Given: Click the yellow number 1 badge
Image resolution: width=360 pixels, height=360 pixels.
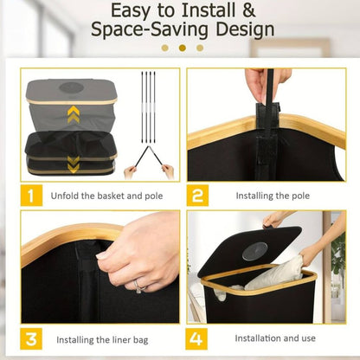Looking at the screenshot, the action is (x=31, y=196).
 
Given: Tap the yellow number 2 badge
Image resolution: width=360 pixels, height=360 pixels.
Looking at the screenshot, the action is (x=197, y=196).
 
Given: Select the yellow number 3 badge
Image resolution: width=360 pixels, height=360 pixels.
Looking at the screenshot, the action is (x=31, y=338).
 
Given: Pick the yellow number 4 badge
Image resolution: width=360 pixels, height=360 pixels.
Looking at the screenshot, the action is (x=196, y=338).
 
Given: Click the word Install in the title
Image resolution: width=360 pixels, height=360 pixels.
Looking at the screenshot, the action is (x=209, y=10).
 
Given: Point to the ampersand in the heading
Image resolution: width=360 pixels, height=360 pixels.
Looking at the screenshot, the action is (x=248, y=10).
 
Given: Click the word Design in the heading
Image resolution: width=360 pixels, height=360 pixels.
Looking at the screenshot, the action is (x=245, y=30).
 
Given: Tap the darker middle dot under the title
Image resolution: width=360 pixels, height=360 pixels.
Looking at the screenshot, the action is (x=183, y=48).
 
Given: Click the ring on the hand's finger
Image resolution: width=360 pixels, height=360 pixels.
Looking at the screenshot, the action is (x=139, y=286).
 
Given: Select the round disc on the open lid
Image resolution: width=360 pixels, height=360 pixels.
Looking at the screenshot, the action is (x=255, y=251).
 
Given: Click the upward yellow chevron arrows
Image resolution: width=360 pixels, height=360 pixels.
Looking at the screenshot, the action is (x=73, y=114).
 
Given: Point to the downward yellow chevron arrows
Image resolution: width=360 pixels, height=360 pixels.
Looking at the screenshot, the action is (x=74, y=164).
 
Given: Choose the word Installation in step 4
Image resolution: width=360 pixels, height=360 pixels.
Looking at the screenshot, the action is (x=257, y=338).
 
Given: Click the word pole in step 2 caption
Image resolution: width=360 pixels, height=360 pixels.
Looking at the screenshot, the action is (x=299, y=196).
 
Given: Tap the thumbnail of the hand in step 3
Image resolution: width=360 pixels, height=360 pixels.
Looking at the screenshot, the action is (x=102, y=256).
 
